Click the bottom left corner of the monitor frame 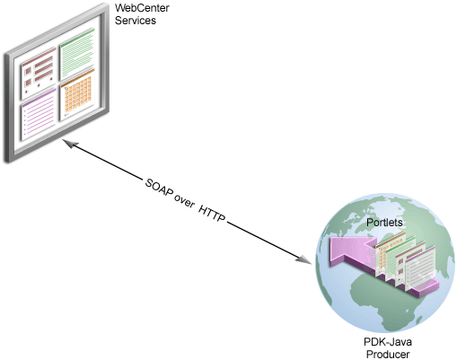7,160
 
